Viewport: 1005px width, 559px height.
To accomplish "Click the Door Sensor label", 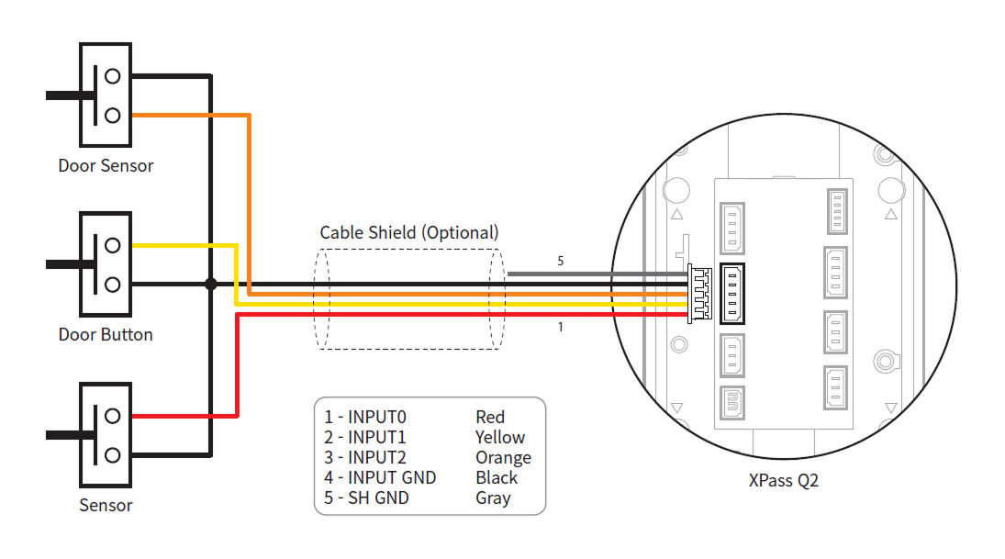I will (x=106, y=166).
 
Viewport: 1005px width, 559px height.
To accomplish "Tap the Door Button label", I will (x=106, y=334).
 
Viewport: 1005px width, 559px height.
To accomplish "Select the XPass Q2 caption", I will (x=782, y=479).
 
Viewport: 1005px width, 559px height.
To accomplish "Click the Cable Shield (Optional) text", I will (x=409, y=232).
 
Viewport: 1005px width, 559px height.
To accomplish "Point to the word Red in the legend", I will (x=490, y=418).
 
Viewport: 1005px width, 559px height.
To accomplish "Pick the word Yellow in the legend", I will (x=500, y=438).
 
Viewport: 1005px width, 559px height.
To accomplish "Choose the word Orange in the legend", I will (x=503, y=458).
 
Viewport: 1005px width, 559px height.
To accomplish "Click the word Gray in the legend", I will (x=493, y=498).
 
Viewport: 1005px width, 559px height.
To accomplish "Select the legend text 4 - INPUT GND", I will (x=380, y=478).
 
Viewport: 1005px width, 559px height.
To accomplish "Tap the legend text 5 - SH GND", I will (x=366, y=498).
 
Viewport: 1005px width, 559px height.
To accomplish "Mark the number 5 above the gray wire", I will (x=561, y=262).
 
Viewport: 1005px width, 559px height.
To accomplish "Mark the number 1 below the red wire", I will (x=561, y=327).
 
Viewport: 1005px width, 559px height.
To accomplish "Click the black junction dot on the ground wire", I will (x=210, y=285).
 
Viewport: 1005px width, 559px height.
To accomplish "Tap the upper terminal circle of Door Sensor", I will (x=112, y=75).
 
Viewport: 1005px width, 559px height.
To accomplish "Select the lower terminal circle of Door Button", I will (x=112, y=285).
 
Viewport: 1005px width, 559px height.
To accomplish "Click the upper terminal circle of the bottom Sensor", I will (x=112, y=415).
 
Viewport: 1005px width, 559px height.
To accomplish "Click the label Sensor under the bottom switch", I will (x=106, y=506).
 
